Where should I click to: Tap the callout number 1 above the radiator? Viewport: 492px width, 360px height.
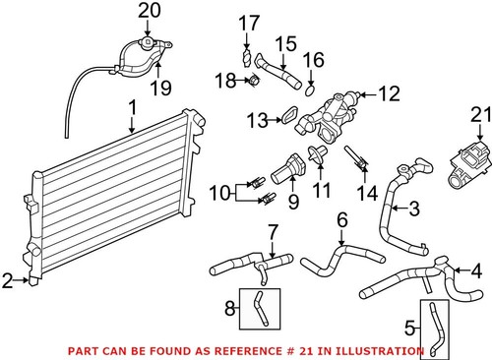pyautogui.click(x=132, y=104)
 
